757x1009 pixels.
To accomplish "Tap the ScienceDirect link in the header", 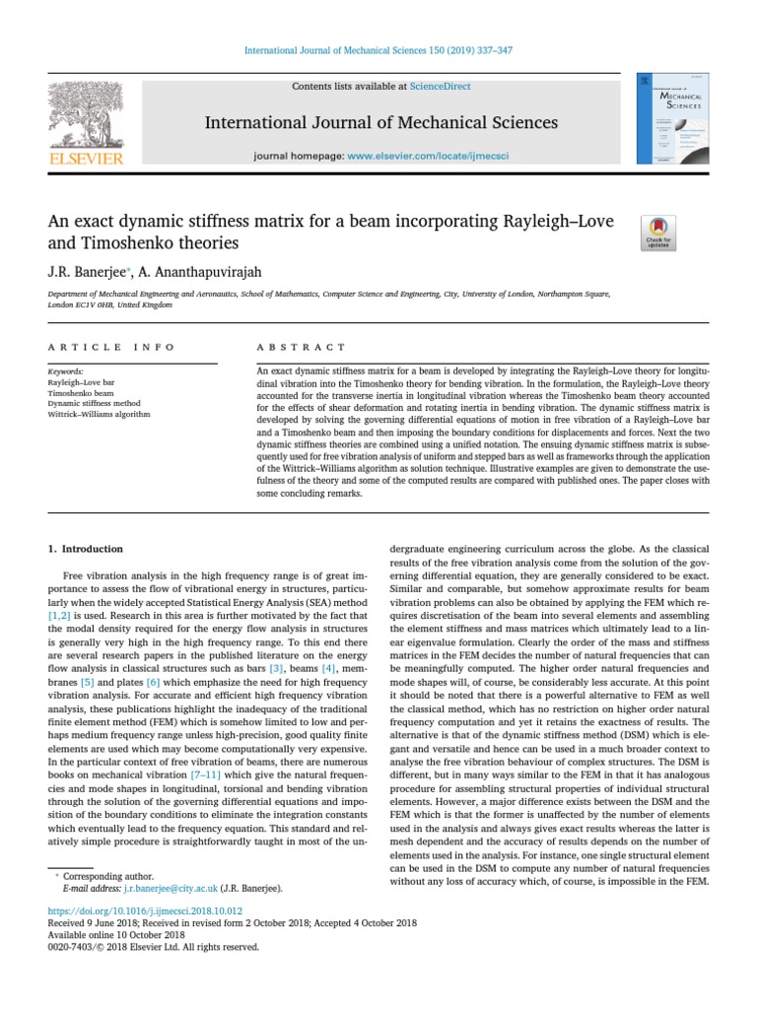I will pos(443,87).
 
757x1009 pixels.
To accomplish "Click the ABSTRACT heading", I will pos(301,347).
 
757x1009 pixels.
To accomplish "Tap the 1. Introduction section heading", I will pos(86,549).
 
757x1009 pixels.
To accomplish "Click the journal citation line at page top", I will pos(378,50).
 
